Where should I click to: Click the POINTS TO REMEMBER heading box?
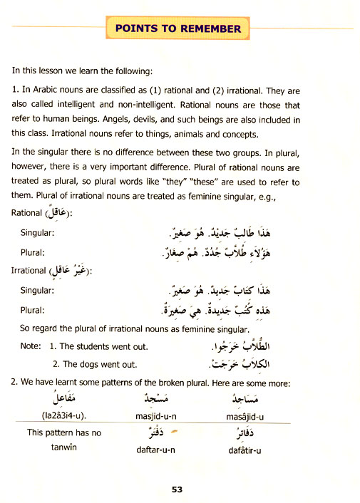point(178,29)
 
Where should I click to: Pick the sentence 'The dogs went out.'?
point(98,364)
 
